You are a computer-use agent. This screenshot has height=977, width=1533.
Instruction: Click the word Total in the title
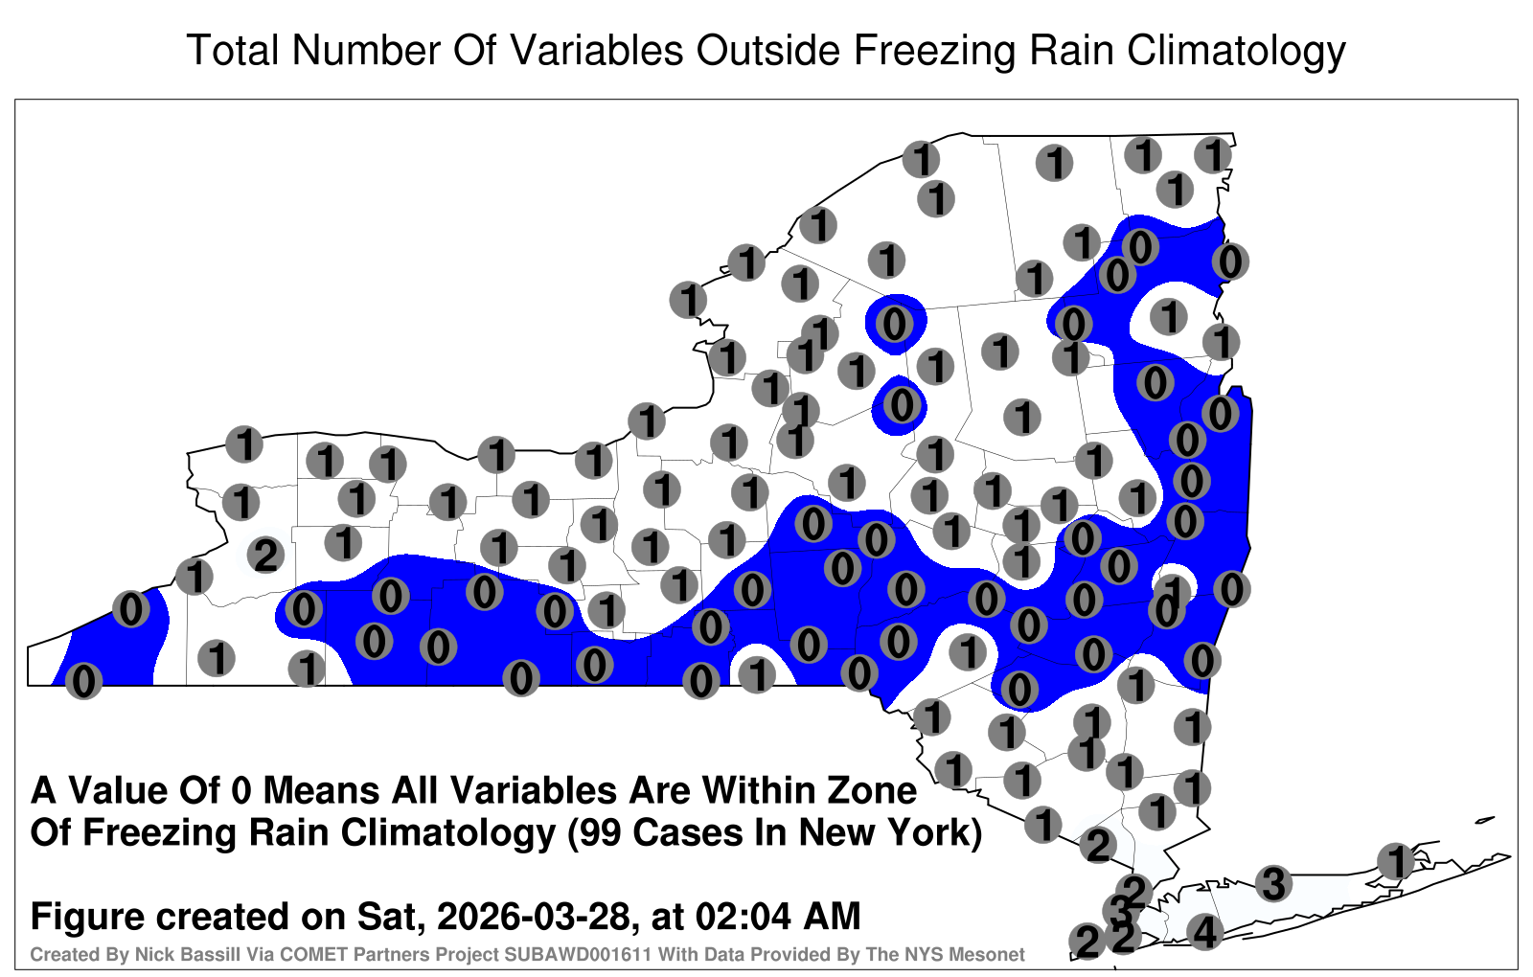(x=233, y=50)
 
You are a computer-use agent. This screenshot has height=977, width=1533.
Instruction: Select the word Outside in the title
(x=767, y=50)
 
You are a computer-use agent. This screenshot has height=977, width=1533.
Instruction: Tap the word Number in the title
(x=364, y=50)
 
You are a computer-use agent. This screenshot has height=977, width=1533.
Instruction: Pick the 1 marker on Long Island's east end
(x=1395, y=861)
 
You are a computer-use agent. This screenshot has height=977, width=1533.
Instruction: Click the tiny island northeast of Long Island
(x=1484, y=820)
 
